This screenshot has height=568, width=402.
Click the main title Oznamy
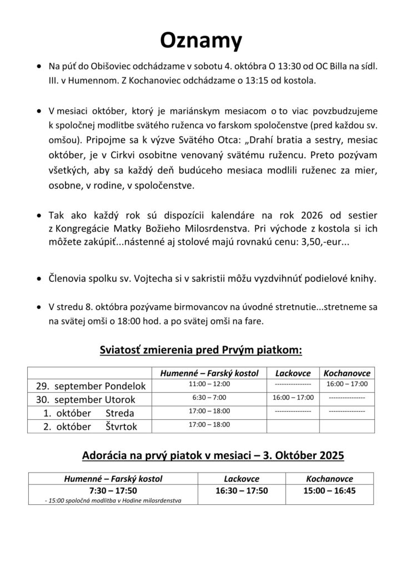202,40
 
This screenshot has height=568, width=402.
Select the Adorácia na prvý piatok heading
213,455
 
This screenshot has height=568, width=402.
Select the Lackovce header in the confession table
294,373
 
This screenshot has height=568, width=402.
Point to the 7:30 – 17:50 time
113,491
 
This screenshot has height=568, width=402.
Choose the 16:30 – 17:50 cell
242,491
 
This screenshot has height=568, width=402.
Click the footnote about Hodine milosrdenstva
113,501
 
